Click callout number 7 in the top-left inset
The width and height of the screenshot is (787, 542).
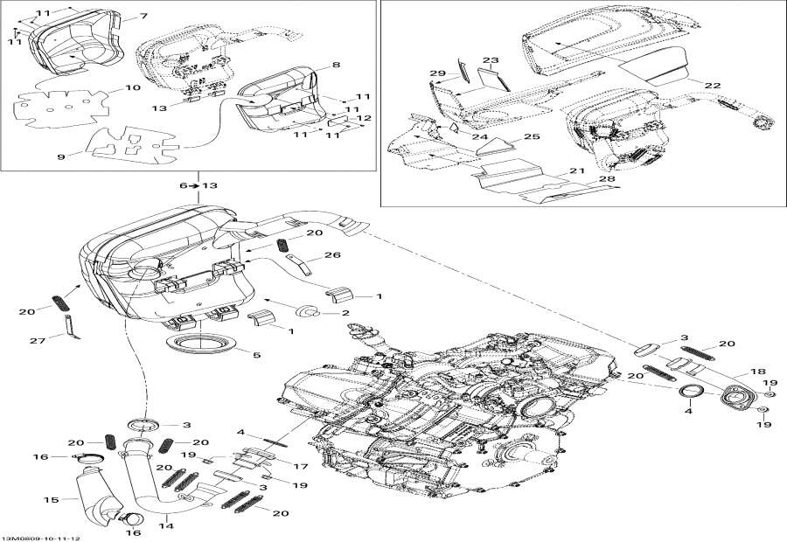point(143,17)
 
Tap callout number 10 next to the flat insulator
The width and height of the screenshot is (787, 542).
point(133,88)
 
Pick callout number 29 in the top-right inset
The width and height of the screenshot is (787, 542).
point(437,73)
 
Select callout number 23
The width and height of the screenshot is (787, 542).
point(491,60)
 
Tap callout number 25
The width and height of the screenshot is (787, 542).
point(532,138)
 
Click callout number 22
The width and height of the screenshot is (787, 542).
point(713,85)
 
